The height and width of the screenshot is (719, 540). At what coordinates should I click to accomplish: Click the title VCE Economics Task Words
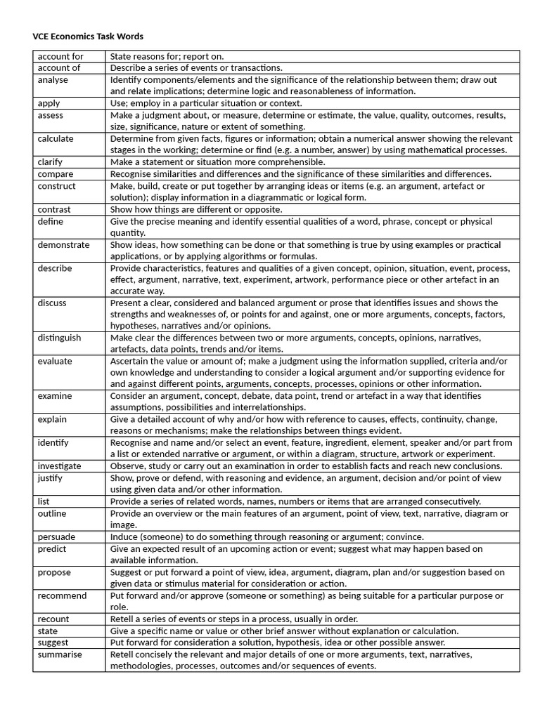click(x=88, y=36)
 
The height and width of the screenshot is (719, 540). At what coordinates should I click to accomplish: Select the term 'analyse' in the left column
click(x=53, y=79)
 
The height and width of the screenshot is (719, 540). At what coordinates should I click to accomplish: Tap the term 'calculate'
click(x=56, y=138)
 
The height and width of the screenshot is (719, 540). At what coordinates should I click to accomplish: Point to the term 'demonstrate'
click(x=63, y=244)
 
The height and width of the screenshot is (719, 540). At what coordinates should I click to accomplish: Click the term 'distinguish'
click(x=59, y=338)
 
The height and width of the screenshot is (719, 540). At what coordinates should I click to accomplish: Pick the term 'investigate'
click(x=59, y=466)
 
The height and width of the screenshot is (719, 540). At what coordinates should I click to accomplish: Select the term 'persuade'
click(x=56, y=536)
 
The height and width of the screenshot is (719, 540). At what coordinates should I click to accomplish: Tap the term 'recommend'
click(x=62, y=595)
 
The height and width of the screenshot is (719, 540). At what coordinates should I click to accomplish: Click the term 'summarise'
click(x=60, y=654)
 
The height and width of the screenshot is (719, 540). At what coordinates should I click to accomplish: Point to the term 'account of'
click(x=59, y=67)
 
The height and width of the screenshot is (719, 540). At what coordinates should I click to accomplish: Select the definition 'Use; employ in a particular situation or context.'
click(x=206, y=103)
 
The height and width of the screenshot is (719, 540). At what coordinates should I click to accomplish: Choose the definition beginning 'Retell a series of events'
click(x=234, y=619)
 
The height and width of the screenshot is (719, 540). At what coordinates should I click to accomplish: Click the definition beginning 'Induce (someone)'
click(x=267, y=536)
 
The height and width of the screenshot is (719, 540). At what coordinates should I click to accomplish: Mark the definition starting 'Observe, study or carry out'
click(x=306, y=466)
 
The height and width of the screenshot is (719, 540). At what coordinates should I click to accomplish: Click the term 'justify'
click(x=50, y=477)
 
